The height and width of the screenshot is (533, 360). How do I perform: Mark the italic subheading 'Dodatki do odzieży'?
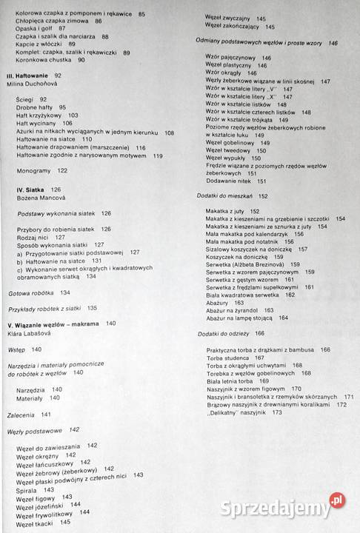pos(223,334)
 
